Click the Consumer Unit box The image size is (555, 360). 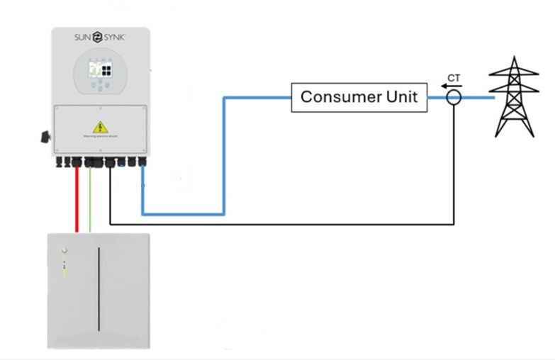360,97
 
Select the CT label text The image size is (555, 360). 453,77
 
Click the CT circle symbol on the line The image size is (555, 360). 454,98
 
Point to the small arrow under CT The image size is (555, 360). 449,86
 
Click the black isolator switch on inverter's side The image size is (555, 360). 47,135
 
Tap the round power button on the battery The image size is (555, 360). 64,250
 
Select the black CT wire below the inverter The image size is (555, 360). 284,224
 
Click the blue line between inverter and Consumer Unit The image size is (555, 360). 224,156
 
